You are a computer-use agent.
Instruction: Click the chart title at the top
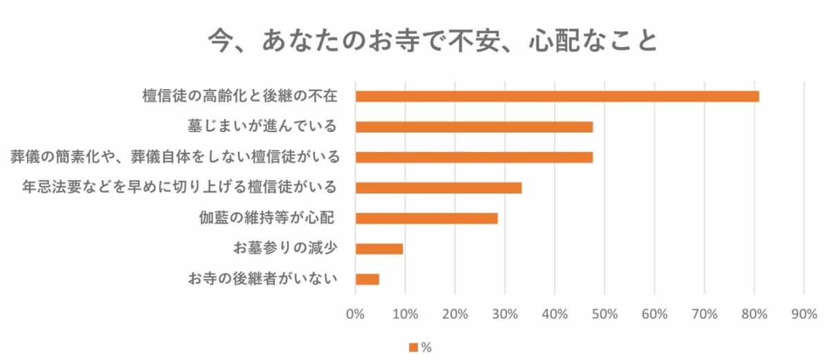pyautogui.click(x=433, y=41)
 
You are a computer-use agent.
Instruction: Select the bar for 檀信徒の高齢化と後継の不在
pyautogui.click(x=557, y=97)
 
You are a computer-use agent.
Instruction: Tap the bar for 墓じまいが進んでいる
pyautogui.click(x=474, y=127)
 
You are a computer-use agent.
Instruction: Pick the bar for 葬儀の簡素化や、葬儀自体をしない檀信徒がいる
pyautogui.click(x=474, y=158)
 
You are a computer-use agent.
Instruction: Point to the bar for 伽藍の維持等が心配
pyautogui.click(x=426, y=218)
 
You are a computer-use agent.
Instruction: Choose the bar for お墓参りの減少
pyautogui.click(x=379, y=249)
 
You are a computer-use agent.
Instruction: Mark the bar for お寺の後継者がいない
pyautogui.click(x=367, y=279)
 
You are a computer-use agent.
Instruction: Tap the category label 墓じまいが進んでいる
pyautogui.click(x=262, y=126)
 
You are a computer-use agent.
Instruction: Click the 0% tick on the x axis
pyautogui.click(x=355, y=314)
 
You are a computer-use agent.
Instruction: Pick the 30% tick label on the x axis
pyautogui.click(x=504, y=314)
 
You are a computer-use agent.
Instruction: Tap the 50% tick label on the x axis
pyautogui.click(x=604, y=314)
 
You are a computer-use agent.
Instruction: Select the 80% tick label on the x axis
pyautogui.click(x=754, y=314)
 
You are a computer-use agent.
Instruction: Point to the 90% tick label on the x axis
pyautogui.click(x=803, y=314)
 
